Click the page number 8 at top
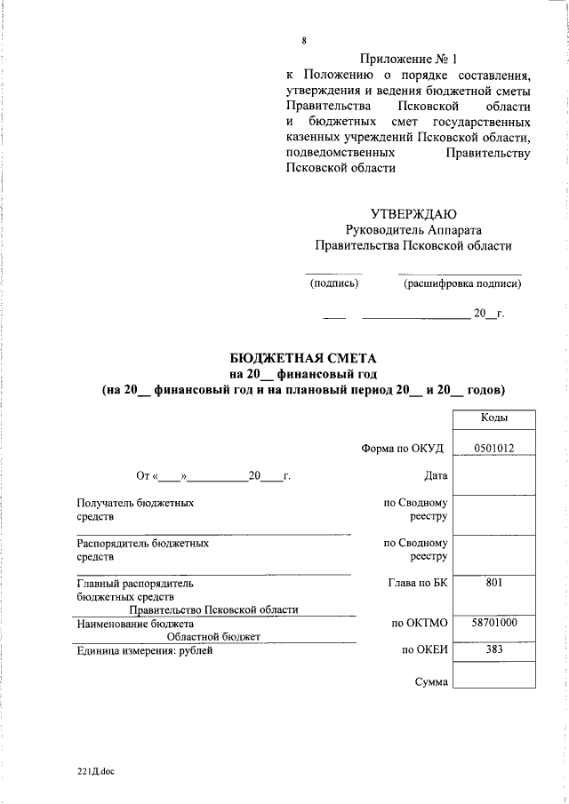click(304, 41)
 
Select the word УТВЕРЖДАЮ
click(413, 213)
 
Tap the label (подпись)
click(334, 284)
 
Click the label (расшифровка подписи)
click(462, 284)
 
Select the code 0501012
click(494, 449)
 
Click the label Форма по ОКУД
click(403, 449)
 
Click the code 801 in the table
click(494, 585)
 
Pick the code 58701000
click(494, 625)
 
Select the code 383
click(494, 650)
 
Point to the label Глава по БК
click(417, 585)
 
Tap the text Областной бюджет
click(213, 637)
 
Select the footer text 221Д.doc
click(95, 771)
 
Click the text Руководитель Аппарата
click(413, 229)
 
